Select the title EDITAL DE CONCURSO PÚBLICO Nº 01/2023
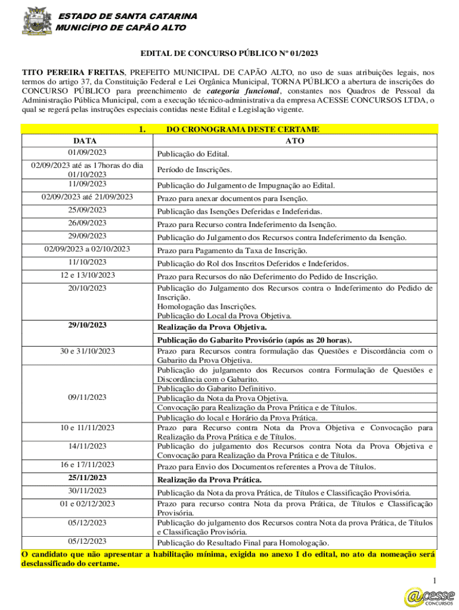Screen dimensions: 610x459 [229, 54]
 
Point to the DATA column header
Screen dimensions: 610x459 [87, 141]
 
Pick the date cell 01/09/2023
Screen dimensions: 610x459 [87, 154]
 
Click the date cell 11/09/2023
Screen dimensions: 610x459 [87, 185]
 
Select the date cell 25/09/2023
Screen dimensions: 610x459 [87, 210]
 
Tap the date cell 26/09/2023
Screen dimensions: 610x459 [87, 223]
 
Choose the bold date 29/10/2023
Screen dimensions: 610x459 [87, 325]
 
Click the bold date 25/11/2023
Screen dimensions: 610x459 [87, 478]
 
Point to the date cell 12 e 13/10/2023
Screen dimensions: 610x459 [87, 275]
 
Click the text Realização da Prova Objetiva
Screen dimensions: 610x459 [212, 327]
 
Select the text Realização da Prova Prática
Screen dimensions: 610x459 [209, 480]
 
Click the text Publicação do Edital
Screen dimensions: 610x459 [193, 154]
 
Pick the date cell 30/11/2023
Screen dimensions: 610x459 [87, 491]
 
